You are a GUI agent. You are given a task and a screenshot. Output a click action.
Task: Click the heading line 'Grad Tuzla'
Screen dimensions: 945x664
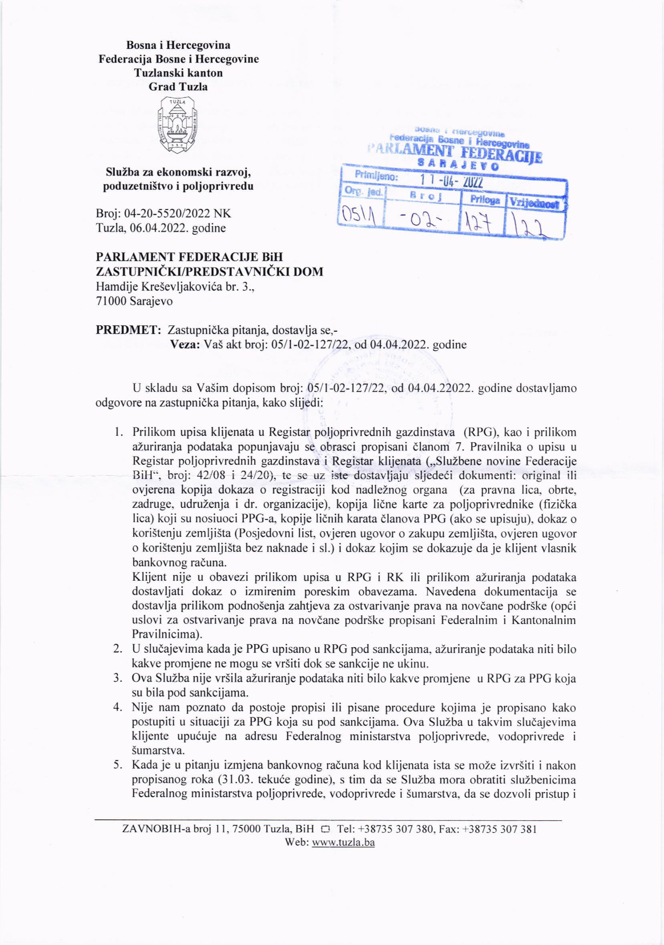point(178,87)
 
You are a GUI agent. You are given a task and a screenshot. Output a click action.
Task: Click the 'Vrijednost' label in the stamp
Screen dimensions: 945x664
point(536,203)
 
